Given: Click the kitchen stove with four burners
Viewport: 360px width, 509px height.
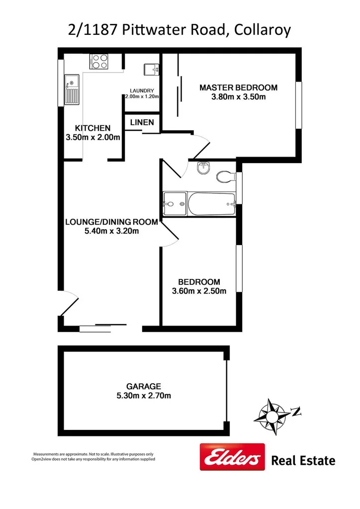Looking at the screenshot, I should (x=99, y=62).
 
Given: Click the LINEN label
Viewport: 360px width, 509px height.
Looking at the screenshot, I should (x=142, y=122).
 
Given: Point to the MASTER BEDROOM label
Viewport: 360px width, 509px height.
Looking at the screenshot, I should (x=238, y=87).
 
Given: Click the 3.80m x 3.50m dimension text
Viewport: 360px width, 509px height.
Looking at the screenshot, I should (x=238, y=97).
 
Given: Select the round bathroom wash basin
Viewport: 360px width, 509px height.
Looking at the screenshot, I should (x=203, y=169).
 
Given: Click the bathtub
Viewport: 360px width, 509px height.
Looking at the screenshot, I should (x=211, y=204).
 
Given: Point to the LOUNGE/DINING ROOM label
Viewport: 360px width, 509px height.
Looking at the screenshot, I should (x=111, y=222).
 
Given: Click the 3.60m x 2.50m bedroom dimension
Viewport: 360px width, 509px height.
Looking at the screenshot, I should (x=199, y=291).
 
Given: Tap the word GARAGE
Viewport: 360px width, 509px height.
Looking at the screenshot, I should (x=143, y=386).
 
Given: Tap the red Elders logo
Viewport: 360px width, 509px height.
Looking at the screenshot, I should (x=232, y=456).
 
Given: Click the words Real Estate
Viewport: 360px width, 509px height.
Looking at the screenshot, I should (x=303, y=461).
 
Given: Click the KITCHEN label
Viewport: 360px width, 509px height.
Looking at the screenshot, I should (x=92, y=128).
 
